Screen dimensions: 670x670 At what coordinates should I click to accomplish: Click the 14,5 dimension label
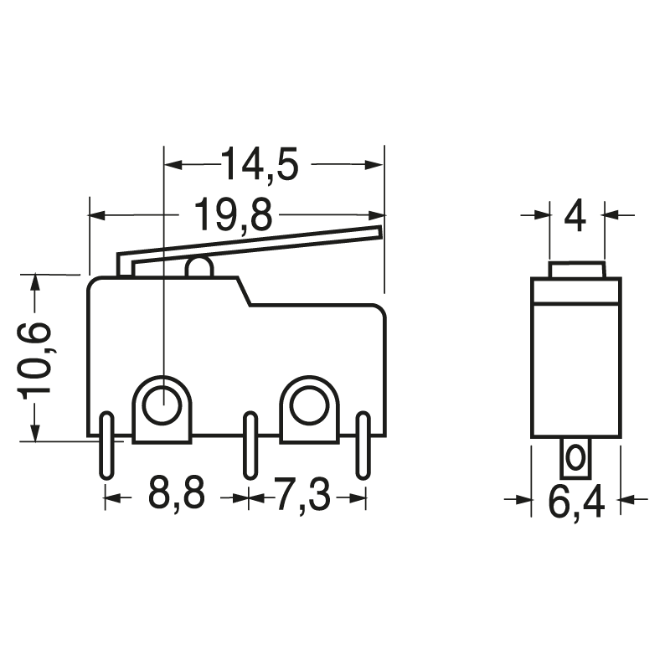click(x=260, y=165)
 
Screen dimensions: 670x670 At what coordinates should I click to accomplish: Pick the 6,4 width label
click(x=576, y=502)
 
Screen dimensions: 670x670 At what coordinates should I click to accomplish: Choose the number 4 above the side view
click(x=575, y=216)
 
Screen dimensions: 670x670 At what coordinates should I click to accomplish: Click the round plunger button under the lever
click(x=198, y=269)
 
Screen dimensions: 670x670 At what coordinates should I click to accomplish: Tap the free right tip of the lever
click(x=379, y=232)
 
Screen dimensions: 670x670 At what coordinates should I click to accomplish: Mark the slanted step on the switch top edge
click(x=245, y=291)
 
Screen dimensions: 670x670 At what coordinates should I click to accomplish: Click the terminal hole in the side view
click(x=575, y=458)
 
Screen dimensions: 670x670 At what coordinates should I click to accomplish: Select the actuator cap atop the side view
click(x=576, y=270)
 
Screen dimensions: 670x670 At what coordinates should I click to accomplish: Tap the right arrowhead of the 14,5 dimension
click(x=376, y=165)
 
